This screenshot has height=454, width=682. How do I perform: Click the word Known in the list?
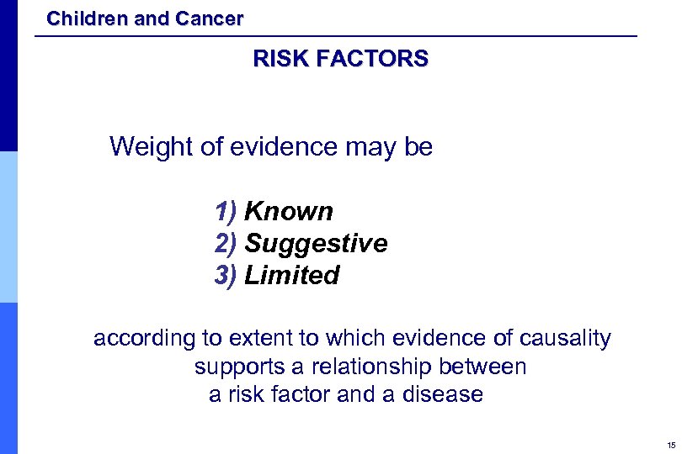[289, 211]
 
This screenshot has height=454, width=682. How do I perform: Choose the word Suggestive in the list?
[316, 244]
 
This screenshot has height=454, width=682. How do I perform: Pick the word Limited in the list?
[291, 276]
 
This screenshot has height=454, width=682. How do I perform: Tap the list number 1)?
[226, 211]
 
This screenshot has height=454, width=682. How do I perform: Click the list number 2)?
[226, 244]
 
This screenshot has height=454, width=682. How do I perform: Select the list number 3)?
[226, 276]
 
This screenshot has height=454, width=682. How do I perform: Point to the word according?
[144, 339]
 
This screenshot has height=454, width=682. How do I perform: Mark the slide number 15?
[670, 445]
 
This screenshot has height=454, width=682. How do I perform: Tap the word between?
[488, 367]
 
